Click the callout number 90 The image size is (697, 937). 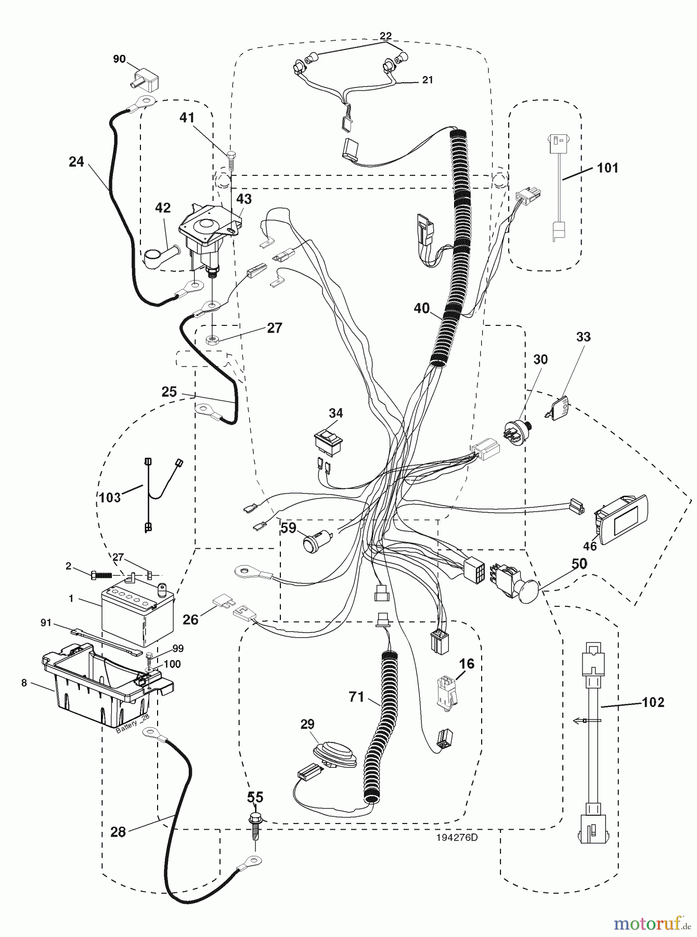click(119, 59)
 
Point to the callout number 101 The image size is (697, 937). click(607, 168)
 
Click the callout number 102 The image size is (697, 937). click(653, 702)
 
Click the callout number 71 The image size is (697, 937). click(356, 697)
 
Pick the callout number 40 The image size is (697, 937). click(421, 309)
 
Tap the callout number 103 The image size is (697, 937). click(110, 497)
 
